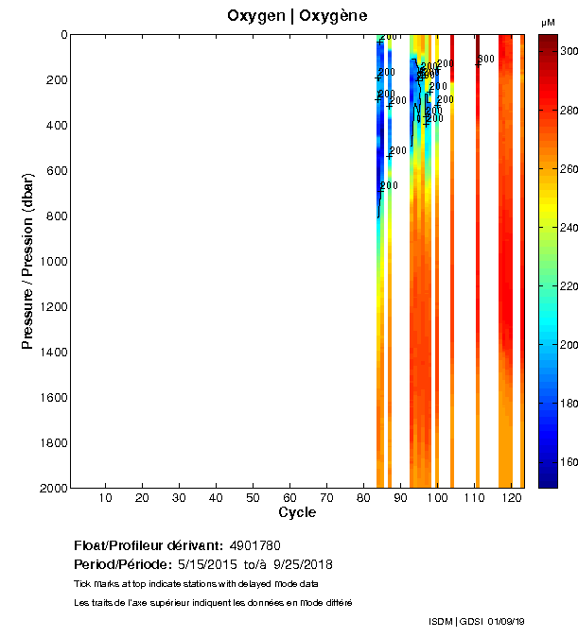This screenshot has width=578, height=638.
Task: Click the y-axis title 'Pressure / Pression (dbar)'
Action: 28,261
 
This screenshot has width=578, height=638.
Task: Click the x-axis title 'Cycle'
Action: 297,513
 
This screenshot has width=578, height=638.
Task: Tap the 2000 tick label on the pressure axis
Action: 51,488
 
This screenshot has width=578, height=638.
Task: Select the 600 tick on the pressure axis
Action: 55,171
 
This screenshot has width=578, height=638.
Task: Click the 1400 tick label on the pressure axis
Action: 51,353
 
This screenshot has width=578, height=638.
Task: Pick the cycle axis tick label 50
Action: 253,498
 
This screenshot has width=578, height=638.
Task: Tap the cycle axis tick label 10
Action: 105,498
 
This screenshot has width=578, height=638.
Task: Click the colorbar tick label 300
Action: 568,52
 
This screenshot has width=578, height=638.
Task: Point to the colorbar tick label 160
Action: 568,463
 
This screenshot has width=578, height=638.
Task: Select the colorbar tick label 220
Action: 568,286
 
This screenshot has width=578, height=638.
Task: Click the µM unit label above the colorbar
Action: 548,22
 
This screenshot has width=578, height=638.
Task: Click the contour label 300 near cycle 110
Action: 485,60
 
